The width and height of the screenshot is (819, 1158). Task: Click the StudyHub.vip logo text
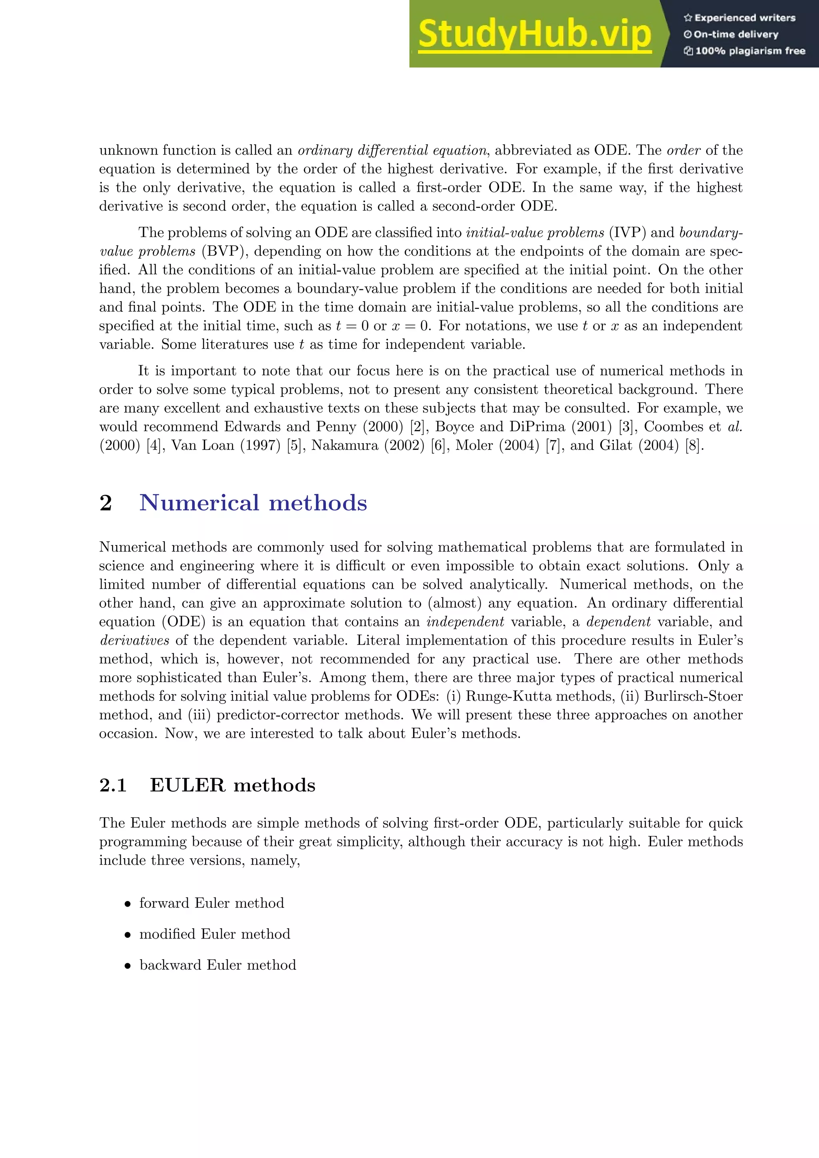click(x=534, y=34)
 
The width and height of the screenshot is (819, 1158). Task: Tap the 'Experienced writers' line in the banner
click(x=740, y=18)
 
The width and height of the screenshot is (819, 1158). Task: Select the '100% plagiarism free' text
click(x=745, y=51)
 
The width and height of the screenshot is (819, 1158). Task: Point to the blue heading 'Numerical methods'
click(x=253, y=503)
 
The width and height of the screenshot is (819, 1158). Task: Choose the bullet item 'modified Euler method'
click(x=214, y=934)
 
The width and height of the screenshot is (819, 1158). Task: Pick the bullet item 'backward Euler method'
click(x=218, y=965)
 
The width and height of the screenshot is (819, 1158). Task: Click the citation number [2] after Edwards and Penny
click(x=417, y=427)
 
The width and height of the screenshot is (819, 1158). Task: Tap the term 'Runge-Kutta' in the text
click(x=508, y=696)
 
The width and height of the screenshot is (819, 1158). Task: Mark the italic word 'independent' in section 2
click(x=465, y=622)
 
